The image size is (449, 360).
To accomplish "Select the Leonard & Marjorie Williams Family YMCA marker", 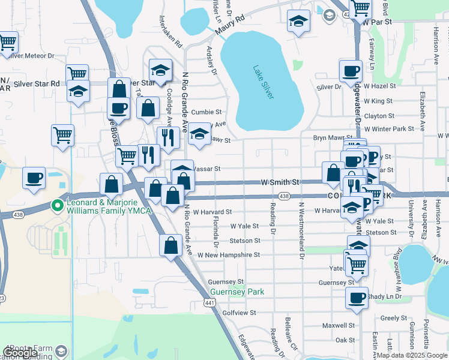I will coord(58,206).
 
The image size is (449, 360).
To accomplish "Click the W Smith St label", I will coord(279,182).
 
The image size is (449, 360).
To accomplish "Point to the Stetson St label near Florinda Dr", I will coord(245,241).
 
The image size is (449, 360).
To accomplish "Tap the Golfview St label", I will coord(239,313).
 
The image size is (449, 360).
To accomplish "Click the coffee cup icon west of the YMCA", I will coord(34,178).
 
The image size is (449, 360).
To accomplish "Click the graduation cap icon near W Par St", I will coord(298,22).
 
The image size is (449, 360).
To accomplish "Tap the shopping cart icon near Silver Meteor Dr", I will coord(8,43).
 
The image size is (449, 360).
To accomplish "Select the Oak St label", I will coord(345,340).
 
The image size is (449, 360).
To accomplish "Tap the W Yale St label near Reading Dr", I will coord(244,226).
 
